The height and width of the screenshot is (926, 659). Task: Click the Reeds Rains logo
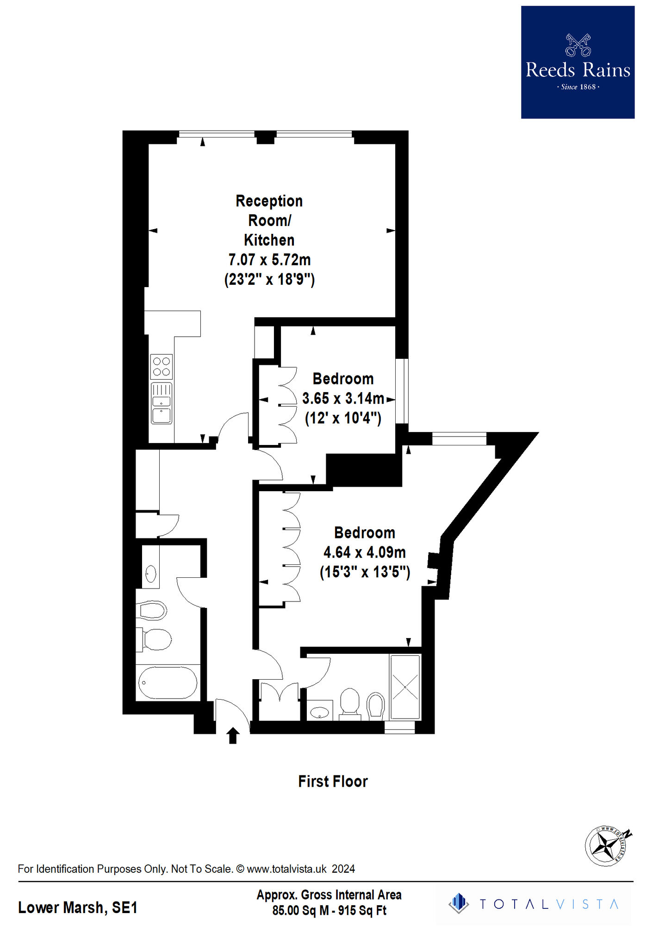(578, 62)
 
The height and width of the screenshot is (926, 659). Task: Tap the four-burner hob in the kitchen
(162, 366)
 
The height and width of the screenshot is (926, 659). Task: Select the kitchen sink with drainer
(162, 403)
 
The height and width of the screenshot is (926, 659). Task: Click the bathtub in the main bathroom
(168, 682)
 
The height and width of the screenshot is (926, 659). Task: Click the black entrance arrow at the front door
(233, 736)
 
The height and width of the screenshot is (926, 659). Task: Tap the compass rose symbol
(606, 846)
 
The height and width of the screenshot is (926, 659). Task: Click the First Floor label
(333, 782)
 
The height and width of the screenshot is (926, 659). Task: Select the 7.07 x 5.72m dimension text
(269, 260)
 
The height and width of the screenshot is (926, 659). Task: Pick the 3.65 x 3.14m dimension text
(343, 398)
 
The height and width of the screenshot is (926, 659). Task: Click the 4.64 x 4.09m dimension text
(365, 552)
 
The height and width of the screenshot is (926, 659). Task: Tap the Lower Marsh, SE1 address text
(78, 907)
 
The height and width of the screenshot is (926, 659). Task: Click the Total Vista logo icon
(459, 903)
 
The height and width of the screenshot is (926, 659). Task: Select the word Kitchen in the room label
(269, 240)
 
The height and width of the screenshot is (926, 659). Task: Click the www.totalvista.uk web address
(286, 869)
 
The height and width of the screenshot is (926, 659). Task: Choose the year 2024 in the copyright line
(343, 869)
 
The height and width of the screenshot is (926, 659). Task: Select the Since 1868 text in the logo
(578, 87)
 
